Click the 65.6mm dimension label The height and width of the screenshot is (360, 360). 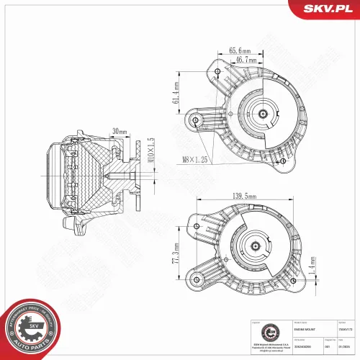240,51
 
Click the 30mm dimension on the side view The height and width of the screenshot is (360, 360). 120,131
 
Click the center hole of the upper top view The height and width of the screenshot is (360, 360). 262,114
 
